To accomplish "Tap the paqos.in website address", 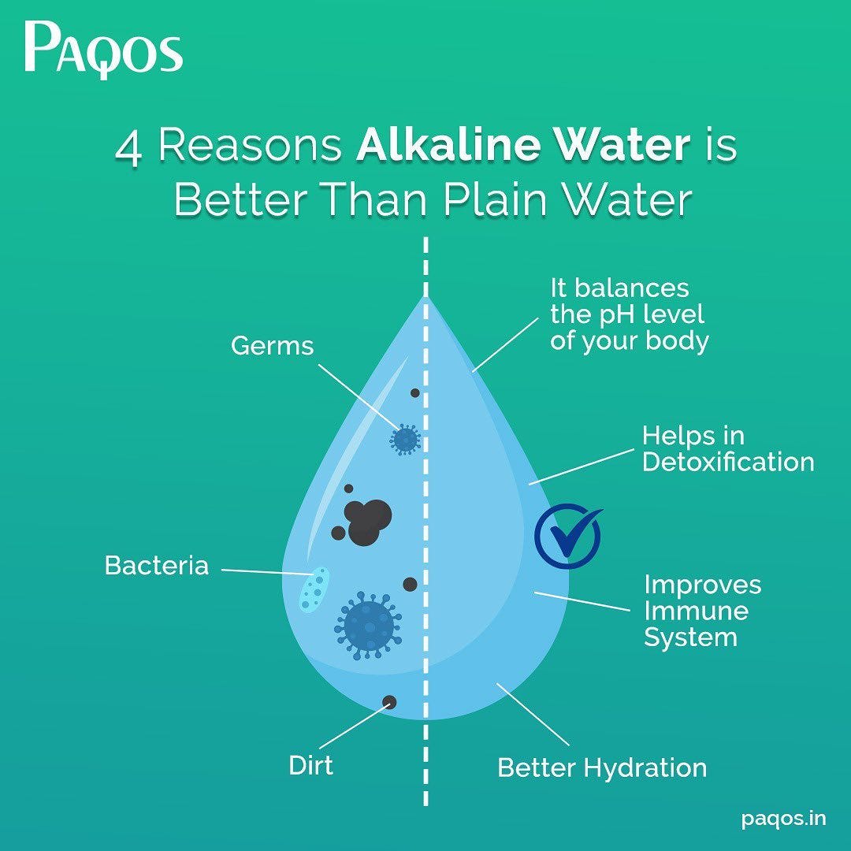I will coord(784,819).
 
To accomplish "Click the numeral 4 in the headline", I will coord(129,148).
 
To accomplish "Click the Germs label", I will coord(272,345).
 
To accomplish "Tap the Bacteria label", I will coord(157,566).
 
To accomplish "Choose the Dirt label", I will coord(310,764).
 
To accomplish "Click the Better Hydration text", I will coord(602,767).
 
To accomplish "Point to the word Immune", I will coord(696,611).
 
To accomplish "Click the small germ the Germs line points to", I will coord(405,440).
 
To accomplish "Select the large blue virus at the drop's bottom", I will coord(368,626).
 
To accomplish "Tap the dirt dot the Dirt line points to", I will coord(389,701).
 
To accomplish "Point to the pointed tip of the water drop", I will coord(426,298).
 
